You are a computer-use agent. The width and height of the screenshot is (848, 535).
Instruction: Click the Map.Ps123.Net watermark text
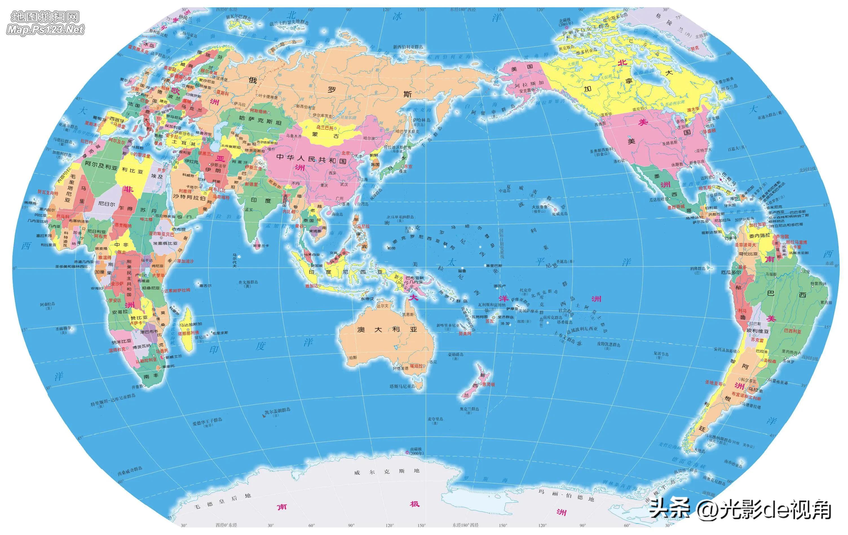pyautogui.click(x=45, y=30)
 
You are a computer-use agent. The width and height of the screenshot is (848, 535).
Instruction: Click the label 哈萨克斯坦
pyautogui.click(x=255, y=122)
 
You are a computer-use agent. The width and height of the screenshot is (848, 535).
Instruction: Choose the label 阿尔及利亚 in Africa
pyautogui.click(x=101, y=166)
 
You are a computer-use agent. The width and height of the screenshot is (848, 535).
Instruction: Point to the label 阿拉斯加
pyautogui.click(x=524, y=83)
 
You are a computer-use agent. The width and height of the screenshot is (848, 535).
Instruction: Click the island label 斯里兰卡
pyautogui.click(x=260, y=245)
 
